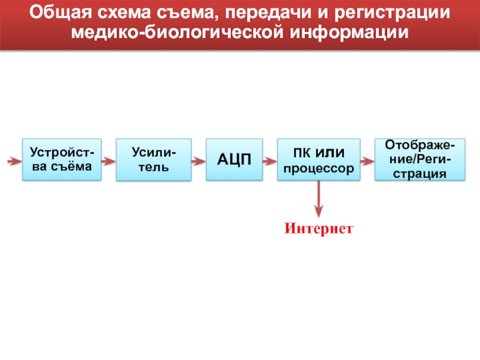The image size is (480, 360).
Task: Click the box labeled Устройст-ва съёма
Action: point(62,160)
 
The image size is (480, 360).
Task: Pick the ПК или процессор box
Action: point(319,160)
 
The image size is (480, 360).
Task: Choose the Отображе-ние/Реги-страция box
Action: point(419,160)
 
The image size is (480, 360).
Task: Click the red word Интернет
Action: point(319,229)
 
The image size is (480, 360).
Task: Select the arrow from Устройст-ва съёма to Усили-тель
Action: point(107,161)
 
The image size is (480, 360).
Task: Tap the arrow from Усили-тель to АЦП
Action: point(199,161)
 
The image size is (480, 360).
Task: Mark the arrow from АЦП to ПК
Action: point(270,161)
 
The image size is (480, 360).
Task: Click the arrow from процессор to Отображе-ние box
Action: point(367,161)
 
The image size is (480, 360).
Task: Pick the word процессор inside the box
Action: point(319,169)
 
